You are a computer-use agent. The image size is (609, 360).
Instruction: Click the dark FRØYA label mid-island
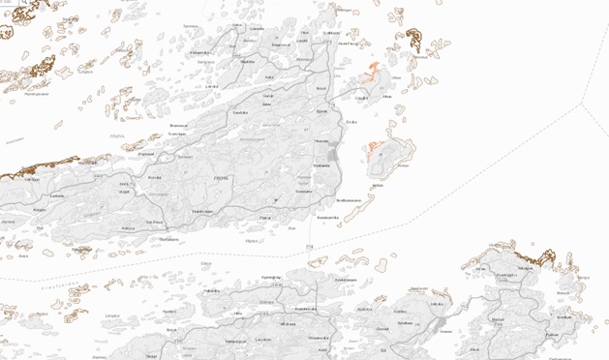221,179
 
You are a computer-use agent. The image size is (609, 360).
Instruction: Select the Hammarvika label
328,217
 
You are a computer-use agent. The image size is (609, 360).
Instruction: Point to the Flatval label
264,218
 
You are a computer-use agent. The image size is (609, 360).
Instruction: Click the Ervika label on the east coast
350,122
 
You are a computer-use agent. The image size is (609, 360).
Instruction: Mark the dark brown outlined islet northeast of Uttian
414,40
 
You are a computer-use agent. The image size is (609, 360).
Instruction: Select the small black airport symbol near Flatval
277,201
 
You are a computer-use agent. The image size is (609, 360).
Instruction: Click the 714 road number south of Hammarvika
309,248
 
